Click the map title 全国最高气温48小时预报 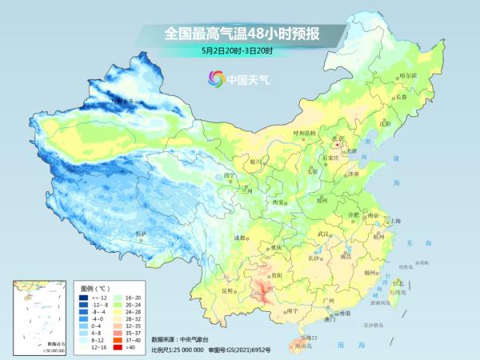(x=241, y=34)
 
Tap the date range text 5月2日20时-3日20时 (x=238, y=52)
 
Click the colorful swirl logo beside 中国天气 (x=215, y=78)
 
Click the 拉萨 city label (x=142, y=233)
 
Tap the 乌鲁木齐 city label (x=126, y=101)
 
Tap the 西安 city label (x=279, y=203)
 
